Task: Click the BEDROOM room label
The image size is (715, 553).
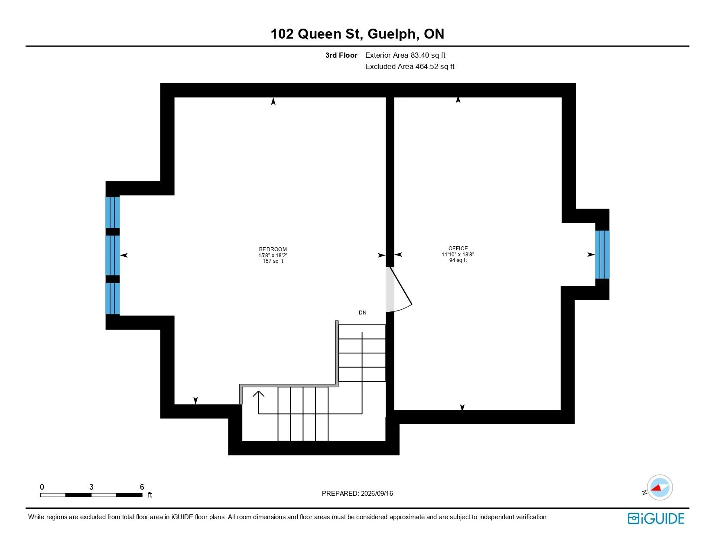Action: coord(273,249)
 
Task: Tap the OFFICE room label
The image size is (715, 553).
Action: coord(458,249)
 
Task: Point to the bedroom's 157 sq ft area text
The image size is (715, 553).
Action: coord(273,261)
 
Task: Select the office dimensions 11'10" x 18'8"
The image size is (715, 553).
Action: coord(458,254)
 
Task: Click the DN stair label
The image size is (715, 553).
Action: coord(363,313)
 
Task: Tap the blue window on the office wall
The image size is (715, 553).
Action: coord(602,255)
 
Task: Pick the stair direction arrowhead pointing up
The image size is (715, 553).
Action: coord(258,393)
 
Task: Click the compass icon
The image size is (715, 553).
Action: coord(659,488)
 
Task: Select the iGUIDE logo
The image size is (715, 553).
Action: coord(656,518)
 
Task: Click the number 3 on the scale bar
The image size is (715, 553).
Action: coord(91,487)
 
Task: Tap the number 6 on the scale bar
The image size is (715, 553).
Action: coord(142,487)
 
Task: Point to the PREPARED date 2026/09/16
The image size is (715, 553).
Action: coord(377,494)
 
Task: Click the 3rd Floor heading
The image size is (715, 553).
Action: coord(341,56)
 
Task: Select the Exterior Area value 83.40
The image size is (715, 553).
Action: coord(420,56)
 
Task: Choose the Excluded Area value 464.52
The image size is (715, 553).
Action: coord(427,66)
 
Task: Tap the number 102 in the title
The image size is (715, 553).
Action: coord(282,34)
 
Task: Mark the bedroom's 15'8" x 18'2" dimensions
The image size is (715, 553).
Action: coord(273,255)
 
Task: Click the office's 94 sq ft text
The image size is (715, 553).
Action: coord(458,260)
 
